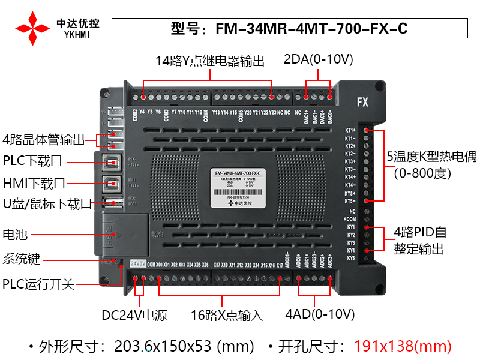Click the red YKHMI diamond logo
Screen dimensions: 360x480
pyautogui.click(x=32, y=28)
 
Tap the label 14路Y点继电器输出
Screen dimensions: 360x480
pyautogui.click(x=209, y=61)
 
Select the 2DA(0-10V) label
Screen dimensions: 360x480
pyautogui.click(x=318, y=60)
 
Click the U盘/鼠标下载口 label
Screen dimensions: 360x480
pyautogui.click(x=47, y=203)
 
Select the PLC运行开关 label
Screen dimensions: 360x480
pyautogui.click(x=38, y=284)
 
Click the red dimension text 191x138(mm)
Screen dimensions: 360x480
pyautogui.click(x=402, y=346)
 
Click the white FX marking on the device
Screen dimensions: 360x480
pyautogui.click(x=362, y=102)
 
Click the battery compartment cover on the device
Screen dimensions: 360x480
pyautogui.click(x=122, y=233)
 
